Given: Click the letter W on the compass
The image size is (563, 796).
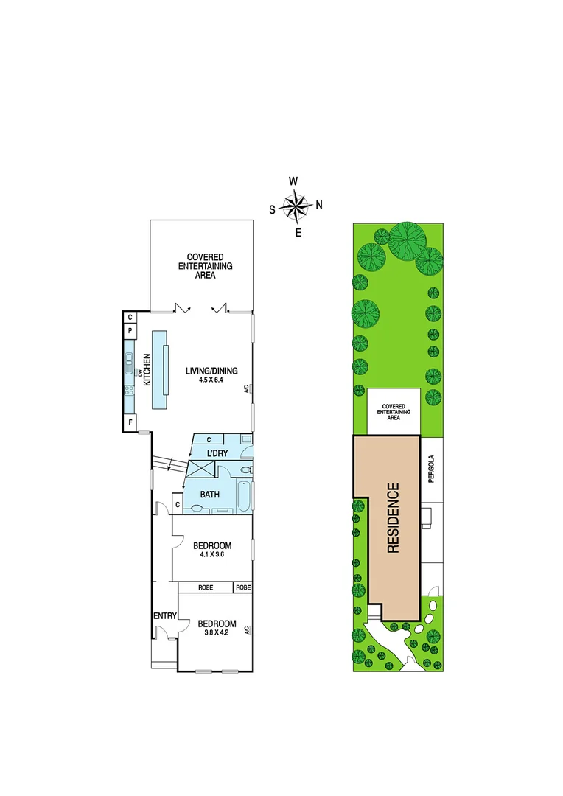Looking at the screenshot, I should coord(293,181).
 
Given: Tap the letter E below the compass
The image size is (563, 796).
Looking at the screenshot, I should coord(298,233).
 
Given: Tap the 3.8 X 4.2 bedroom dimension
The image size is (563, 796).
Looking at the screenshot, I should coord(217,632).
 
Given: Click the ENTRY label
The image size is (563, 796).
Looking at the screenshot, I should coord(163,616).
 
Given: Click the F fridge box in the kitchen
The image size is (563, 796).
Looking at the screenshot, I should coord(130,422).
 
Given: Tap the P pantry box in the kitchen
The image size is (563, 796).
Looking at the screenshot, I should coord(130,331).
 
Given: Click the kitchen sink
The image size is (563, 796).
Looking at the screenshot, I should coord(130,360).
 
